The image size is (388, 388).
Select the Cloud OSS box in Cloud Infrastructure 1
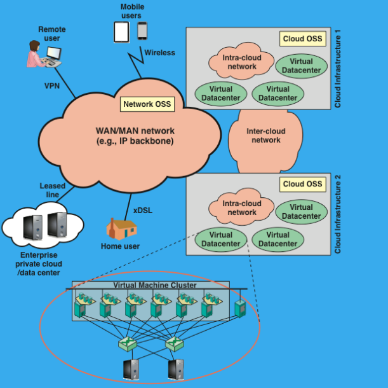302,39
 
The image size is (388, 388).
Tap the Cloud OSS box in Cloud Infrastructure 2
302,184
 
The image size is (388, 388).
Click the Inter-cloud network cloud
265,135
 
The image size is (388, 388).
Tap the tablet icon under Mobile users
121,32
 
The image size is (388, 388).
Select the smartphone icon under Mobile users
142,31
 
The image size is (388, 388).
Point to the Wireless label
159,53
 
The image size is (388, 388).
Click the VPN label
52,85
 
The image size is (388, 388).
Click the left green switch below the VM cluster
127,345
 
